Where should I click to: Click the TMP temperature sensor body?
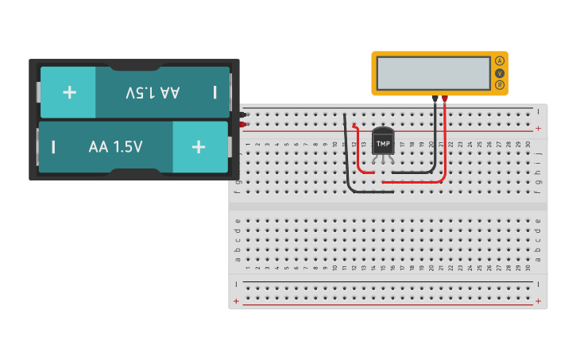pos(383,143)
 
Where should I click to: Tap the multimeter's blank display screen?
pos(433,73)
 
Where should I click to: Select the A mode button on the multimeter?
pos(500,61)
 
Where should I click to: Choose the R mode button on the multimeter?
pos(500,85)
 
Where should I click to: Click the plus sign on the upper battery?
pos(69,92)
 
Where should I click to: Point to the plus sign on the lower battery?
pos(199,147)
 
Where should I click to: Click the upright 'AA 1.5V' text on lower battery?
pos(115,147)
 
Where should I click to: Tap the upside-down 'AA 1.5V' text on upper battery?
pos(153,92)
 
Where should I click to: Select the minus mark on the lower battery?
pos(53,147)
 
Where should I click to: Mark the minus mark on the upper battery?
pos(215,92)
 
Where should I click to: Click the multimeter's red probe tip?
pos(445,99)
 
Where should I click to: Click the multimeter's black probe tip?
pos(435,99)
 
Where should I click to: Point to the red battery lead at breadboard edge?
pos(242,125)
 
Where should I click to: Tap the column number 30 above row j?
pos(528,144)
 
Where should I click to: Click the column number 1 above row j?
pos(247,144)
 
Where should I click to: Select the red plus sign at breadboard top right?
pos(538,128)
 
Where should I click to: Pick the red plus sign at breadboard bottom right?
pos(538,301)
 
